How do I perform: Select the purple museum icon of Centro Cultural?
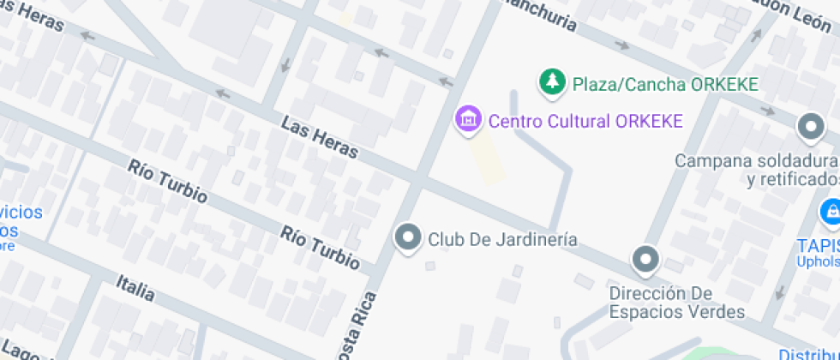[x=468, y=120]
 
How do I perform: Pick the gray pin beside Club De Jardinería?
[x=408, y=238]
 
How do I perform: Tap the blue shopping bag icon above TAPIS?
[x=830, y=210]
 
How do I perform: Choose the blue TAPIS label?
[x=817, y=243]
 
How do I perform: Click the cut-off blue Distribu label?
[x=808, y=353]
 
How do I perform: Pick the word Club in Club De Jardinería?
[x=446, y=239]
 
